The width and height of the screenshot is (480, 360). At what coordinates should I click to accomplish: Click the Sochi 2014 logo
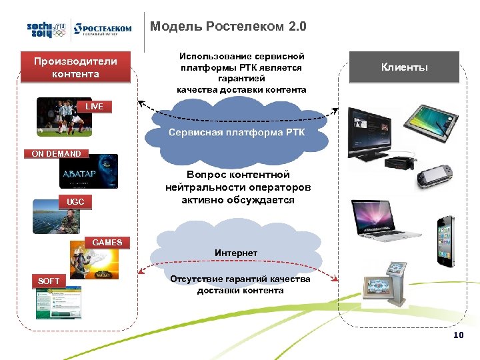point(47,29)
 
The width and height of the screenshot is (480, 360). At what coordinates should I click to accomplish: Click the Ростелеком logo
point(103,30)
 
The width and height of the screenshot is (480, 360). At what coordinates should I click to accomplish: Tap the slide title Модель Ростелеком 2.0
point(229,27)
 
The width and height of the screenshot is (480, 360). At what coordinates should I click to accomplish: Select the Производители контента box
point(75,67)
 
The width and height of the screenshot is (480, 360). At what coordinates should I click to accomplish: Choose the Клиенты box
point(404,67)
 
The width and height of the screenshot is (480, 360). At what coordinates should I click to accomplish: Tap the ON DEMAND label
point(56,153)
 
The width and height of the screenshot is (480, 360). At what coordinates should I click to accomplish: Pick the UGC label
point(71,201)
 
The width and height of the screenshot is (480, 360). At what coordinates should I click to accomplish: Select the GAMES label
point(107,242)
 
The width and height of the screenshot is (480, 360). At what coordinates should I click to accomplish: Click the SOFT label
point(49,281)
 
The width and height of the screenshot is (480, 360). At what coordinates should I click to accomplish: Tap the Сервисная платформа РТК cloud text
point(237,132)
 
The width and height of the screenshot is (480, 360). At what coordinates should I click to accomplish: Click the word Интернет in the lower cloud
point(236,253)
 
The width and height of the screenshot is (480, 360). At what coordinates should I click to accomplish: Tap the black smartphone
point(444,239)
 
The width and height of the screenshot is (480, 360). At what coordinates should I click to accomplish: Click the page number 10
point(457,335)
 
